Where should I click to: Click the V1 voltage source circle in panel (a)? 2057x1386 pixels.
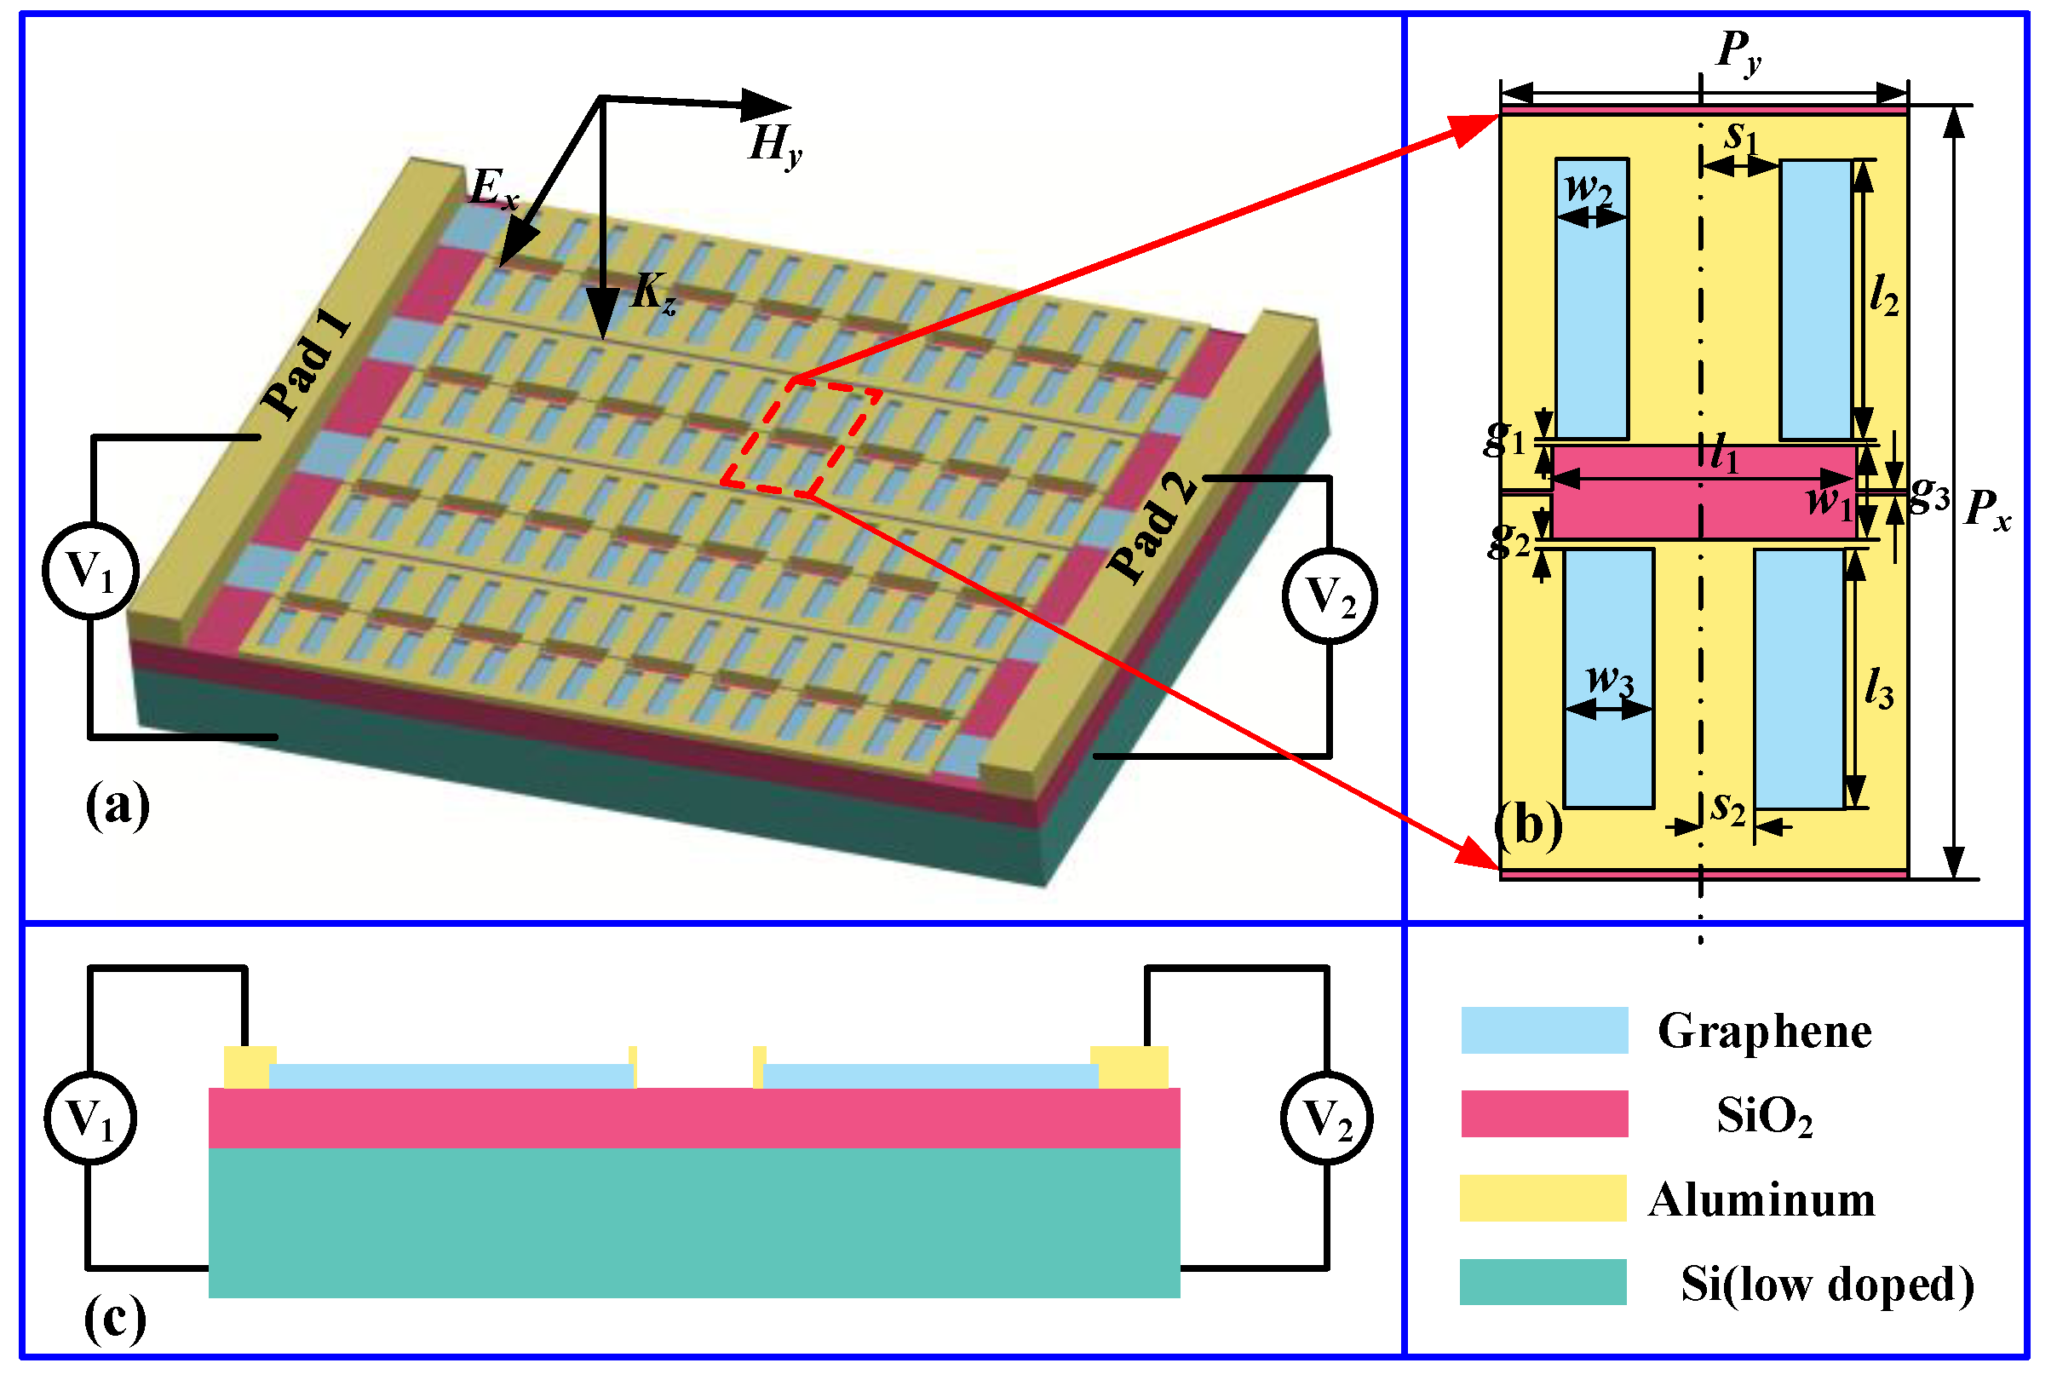pyautogui.click(x=91, y=571)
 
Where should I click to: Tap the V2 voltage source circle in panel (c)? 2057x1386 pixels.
pyautogui.click(x=1325, y=1119)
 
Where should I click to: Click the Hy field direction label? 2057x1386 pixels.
pyautogui.click(x=774, y=144)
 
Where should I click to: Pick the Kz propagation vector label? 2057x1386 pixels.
pyautogui.click(x=653, y=291)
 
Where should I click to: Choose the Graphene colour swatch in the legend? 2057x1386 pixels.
pyautogui.click(x=1543, y=1030)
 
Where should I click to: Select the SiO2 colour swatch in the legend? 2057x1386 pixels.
pyautogui.click(x=1543, y=1113)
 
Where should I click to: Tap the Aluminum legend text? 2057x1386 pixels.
pyautogui.click(x=1760, y=1200)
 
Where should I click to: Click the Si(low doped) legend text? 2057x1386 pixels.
pyautogui.click(x=1826, y=1285)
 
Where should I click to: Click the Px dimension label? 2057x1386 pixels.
pyautogui.click(x=1986, y=511)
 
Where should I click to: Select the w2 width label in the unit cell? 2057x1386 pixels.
pyautogui.click(x=1588, y=188)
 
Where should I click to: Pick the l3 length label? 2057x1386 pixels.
pyautogui.click(x=1878, y=688)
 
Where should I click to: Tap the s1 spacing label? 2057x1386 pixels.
pyautogui.click(x=1742, y=137)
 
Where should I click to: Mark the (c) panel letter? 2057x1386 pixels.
pyautogui.click(x=115, y=1319)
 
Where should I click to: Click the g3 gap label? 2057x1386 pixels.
pyautogui.click(x=1928, y=495)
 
